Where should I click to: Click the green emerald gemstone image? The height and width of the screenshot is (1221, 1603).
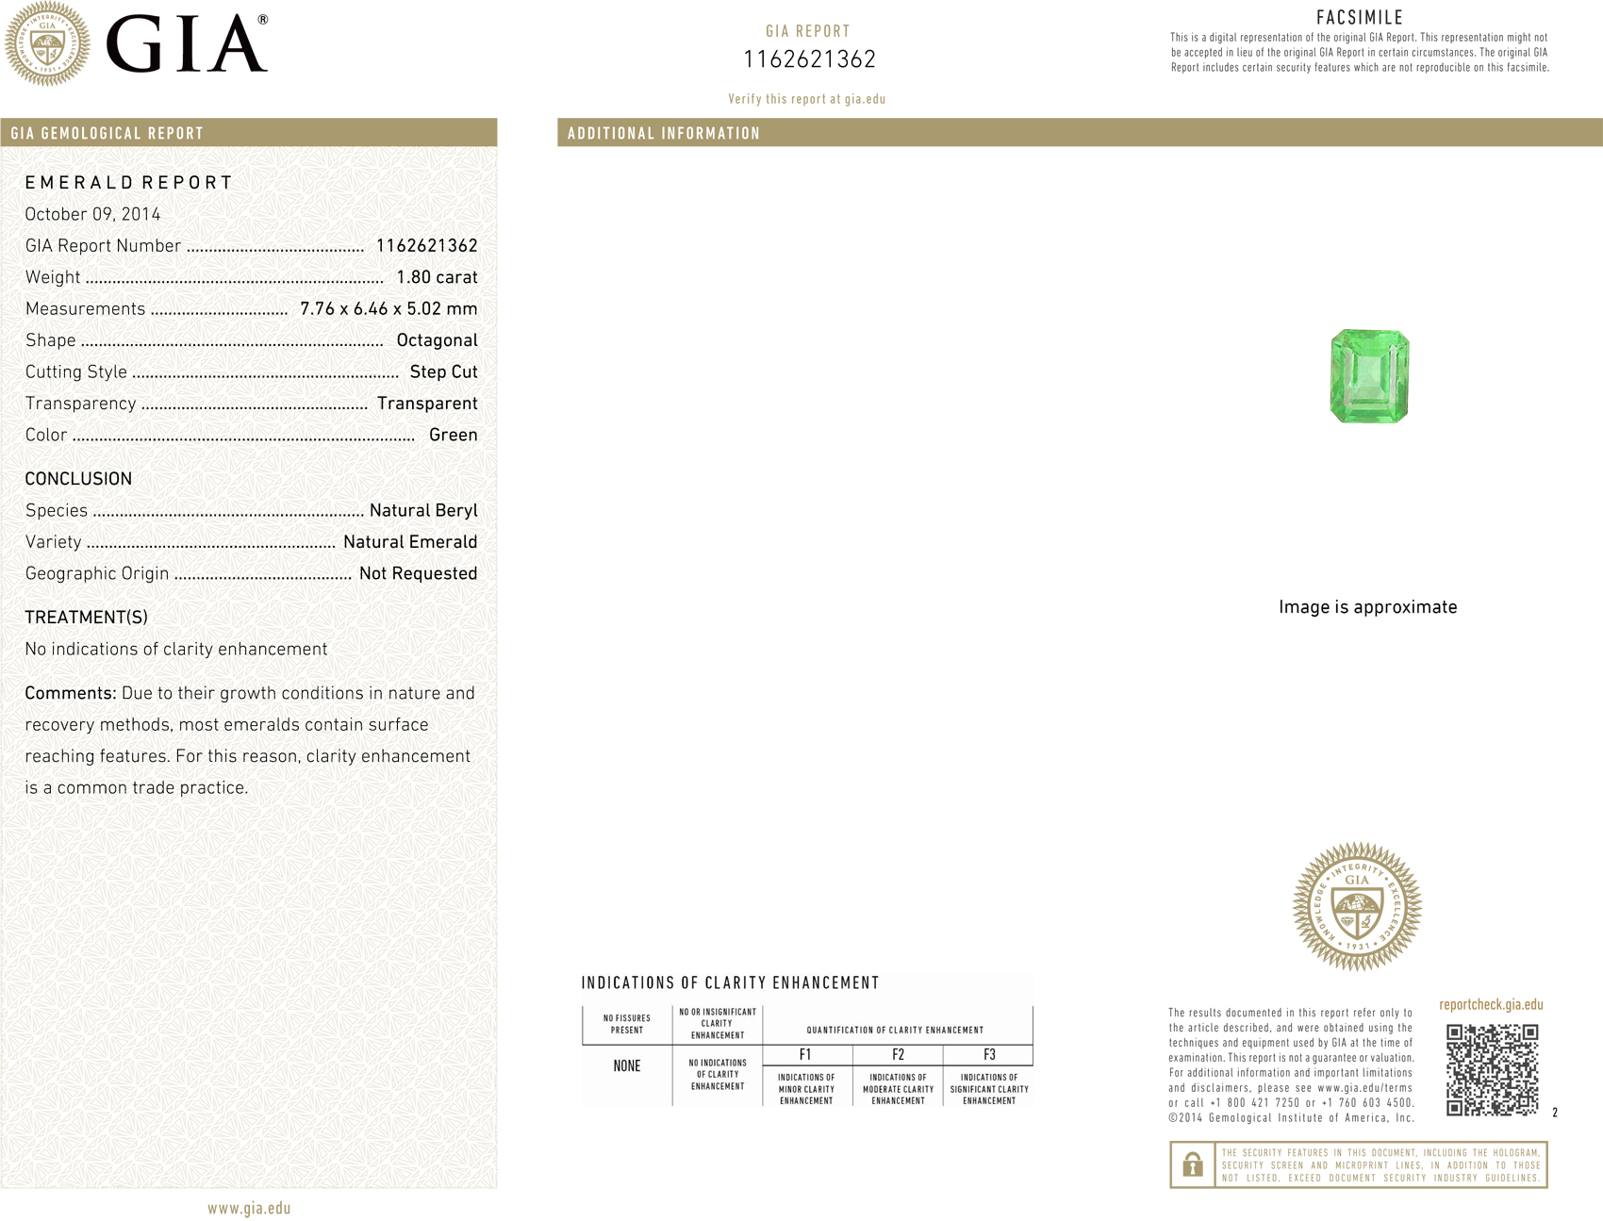(1369, 376)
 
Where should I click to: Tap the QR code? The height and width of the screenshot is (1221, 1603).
(1492, 1069)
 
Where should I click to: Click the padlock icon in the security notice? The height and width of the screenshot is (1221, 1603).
(1192, 1164)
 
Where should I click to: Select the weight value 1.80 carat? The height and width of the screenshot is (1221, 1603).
(437, 277)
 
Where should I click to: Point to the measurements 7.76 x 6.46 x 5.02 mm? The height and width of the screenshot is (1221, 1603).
(388, 309)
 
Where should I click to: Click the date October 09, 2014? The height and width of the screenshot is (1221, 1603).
(92, 214)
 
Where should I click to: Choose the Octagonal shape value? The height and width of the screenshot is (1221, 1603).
(437, 340)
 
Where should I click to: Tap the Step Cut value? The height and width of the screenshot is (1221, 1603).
(443, 372)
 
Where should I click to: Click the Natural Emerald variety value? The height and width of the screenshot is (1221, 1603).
(410, 542)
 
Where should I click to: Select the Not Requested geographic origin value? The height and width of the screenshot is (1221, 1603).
(418, 573)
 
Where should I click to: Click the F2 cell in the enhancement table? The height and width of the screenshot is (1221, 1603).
(898, 1055)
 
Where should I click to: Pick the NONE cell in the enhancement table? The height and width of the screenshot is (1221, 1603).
(627, 1066)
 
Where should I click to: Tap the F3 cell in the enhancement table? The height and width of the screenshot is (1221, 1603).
(989, 1055)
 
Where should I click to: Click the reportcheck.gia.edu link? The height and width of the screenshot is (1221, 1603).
(1491, 1005)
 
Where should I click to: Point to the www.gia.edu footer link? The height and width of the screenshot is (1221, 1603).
(249, 1209)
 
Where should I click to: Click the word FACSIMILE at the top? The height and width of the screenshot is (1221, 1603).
(1360, 17)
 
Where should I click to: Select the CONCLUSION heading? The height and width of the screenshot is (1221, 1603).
(78, 479)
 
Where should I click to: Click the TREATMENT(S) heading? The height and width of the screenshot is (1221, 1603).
(86, 618)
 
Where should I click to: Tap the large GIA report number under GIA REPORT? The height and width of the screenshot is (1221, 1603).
(809, 59)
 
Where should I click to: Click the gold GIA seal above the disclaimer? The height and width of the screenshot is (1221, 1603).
(1357, 907)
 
